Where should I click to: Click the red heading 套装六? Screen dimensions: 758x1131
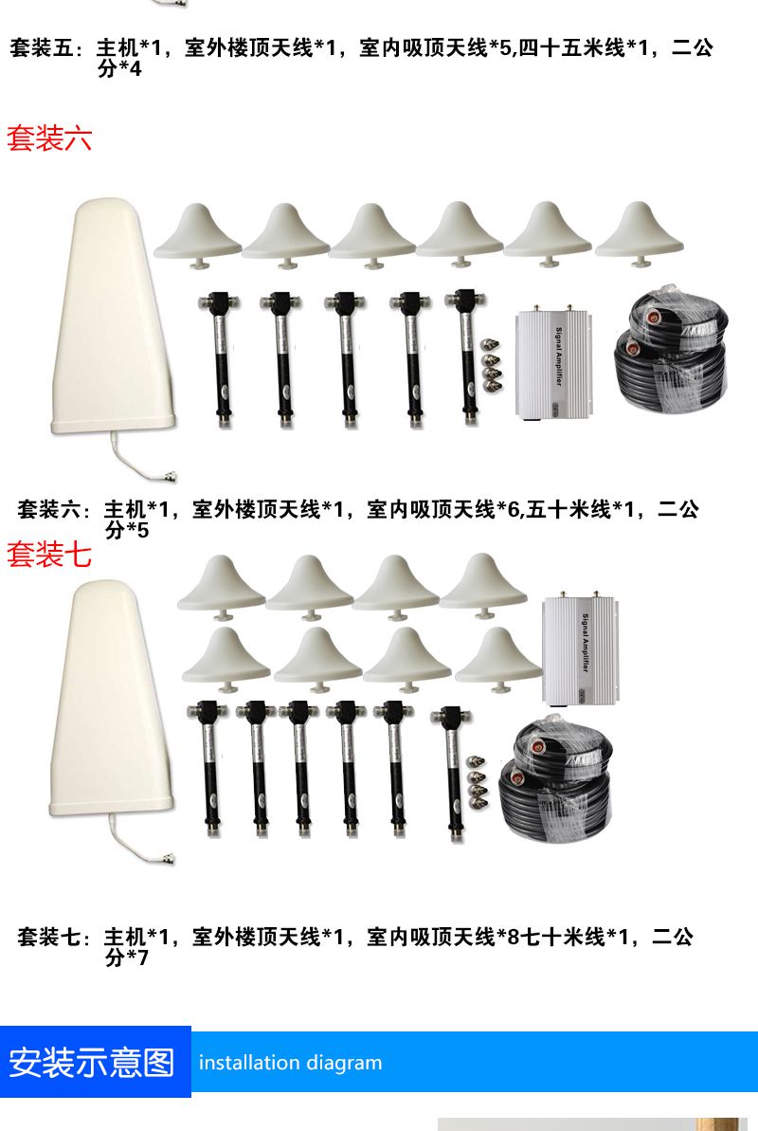(x=50, y=137)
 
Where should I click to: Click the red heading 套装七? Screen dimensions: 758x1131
(x=49, y=555)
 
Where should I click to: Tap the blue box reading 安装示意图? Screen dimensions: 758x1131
(x=95, y=1062)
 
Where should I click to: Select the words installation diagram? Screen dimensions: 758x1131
(x=290, y=1063)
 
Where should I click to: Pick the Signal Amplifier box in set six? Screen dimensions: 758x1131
(x=553, y=363)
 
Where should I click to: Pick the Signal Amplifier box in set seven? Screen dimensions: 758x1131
(x=580, y=648)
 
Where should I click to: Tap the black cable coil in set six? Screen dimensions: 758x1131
(x=671, y=352)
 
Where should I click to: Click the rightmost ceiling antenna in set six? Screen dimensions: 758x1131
(x=639, y=233)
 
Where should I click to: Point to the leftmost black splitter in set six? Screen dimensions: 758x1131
(x=220, y=359)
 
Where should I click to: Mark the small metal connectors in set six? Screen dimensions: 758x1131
(x=491, y=364)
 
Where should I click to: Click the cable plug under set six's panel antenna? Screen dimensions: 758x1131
(x=168, y=475)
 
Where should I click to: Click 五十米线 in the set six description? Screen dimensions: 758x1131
(x=568, y=509)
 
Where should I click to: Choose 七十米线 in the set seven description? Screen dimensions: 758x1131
(x=563, y=937)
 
